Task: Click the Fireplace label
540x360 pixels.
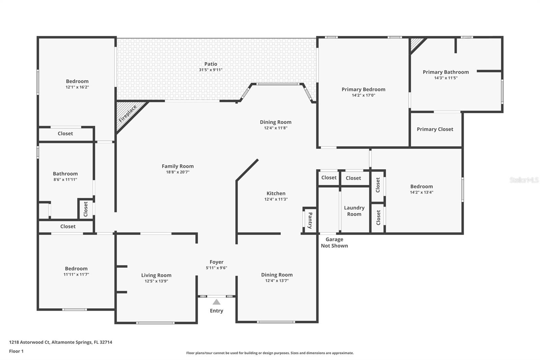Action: pos(128,113)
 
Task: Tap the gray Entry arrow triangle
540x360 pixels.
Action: pos(216,302)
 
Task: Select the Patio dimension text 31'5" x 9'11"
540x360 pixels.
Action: pos(211,70)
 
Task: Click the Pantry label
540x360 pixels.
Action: pos(310,220)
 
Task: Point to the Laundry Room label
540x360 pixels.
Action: pos(354,211)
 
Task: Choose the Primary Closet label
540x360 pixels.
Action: pos(435,129)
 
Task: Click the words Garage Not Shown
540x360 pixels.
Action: pos(334,242)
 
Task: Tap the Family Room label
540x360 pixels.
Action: pos(178,166)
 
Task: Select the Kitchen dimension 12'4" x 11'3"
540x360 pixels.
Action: pos(276,199)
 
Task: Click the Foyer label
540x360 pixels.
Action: pos(216,262)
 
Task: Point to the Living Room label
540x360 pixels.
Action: pos(156,275)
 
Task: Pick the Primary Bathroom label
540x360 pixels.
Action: pos(446,72)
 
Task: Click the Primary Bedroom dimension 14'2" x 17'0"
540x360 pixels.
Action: pos(363,95)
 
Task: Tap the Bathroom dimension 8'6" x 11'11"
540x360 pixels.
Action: pos(65,179)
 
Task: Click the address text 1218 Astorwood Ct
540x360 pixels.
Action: pos(29,342)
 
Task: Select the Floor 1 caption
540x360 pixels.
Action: pos(16,351)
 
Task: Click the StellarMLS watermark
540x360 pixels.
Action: pos(524,180)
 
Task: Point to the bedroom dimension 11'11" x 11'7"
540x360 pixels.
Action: pos(76,274)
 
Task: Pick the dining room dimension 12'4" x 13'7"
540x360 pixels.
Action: pos(277,280)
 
